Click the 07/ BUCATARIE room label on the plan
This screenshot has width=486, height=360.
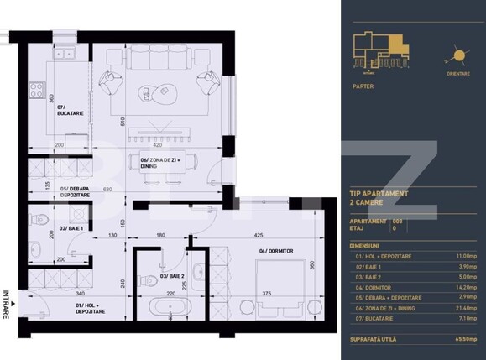pyautogui.click(x=68, y=111)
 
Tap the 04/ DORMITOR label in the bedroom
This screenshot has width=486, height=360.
pyautogui.click(x=273, y=251)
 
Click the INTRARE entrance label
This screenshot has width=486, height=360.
pyautogui.click(x=7, y=304)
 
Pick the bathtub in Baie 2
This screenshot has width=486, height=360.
pyautogui.click(x=167, y=308)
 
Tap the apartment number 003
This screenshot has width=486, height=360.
pyautogui.click(x=409, y=220)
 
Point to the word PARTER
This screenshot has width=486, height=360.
pyautogui.click(x=363, y=86)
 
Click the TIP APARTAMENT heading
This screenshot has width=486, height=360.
pyautogui.click(x=379, y=193)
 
